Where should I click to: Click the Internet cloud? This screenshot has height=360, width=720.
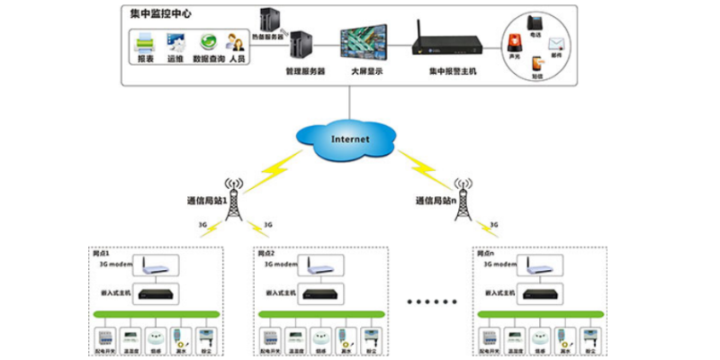pos(351,139)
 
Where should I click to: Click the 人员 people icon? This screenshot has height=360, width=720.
pos(237,42)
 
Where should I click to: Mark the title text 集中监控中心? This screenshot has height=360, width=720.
pos(159,13)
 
